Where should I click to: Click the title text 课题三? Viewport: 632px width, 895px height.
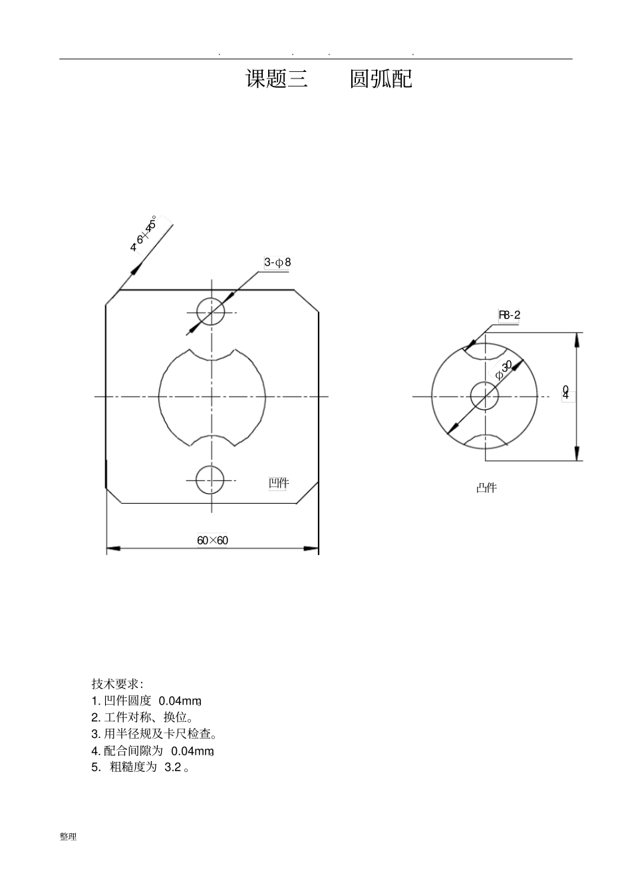pyautogui.click(x=277, y=79)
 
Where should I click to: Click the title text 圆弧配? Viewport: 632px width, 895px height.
pyautogui.click(x=381, y=79)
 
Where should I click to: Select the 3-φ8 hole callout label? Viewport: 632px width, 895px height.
pyautogui.click(x=277, y=262)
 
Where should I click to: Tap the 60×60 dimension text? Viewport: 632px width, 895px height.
pyautogui.click(x=212, y=540)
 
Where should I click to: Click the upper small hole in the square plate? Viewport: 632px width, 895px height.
pyautogui.click(x=211, y=311)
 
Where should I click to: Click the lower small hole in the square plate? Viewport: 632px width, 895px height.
pyautogui.click(x=210, y=479)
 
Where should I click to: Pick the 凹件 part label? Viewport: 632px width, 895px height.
pyautogui.click(x=278, y=483)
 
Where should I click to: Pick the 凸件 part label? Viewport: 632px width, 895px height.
pyautogui.click(x=486, y=488)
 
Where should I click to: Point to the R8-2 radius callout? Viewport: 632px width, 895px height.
pyautogui.click(x=510, y=315)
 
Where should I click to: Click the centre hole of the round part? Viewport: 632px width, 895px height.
pyautogui.click(x=484, y=396)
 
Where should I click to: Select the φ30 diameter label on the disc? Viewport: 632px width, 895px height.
pyautogui.click(x=504, y=371)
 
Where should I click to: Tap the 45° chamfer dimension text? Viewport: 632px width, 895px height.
pyautogui.click(x=145, y=235)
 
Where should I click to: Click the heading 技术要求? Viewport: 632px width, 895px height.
pyautogui.click(x=117, y=684)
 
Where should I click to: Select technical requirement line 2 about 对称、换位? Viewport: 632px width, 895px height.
pyautogui.click(x=142, y=717)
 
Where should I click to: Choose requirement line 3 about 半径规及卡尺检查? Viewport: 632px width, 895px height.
pyautogui.click(x=154, y=734)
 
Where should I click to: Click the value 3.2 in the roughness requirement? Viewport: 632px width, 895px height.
pyautogui.click(x=172, y=767)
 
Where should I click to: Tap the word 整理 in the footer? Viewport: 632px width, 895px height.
pyautogui.click(x=68, y=837)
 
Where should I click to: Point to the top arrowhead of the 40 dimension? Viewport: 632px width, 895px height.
pyautogui.click(x=577, y=339)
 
